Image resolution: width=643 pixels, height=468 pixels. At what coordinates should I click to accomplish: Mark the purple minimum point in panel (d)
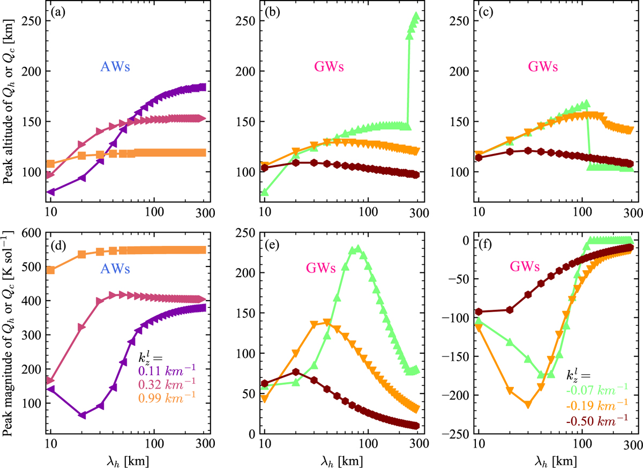tap(82, 415)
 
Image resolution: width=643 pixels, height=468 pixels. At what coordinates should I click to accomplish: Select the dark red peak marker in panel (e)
tap(296, 372)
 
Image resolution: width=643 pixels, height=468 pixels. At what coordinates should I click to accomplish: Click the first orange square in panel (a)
tap(51, 164)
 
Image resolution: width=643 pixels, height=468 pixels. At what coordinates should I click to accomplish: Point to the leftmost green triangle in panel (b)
tap(264, 192)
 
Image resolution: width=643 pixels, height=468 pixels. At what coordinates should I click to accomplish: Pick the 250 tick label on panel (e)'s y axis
tap(244, 233)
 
